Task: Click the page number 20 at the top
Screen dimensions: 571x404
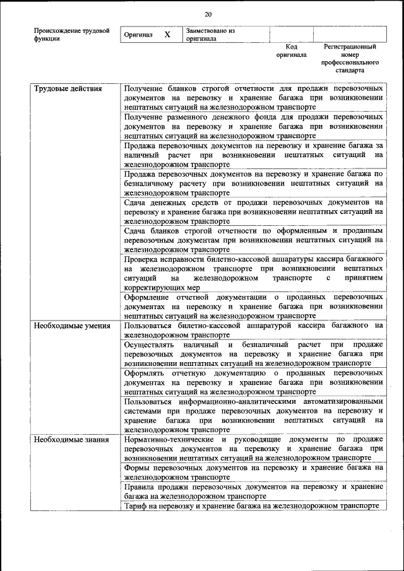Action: pyautogui.click(x=208, y=15)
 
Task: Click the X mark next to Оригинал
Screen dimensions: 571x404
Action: pyautogui.click(x=167, y=35)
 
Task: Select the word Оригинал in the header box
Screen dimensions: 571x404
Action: pyautogui.click(x=138, y=35)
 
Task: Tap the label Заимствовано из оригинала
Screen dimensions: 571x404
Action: pyautogui.click(x=210, y=34)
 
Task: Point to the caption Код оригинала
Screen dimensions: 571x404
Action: pyautogui.click(x=291, y=50)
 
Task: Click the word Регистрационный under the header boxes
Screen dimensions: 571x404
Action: pyautogui.click(x=350, y=47)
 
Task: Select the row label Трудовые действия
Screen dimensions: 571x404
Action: pyautogui.click(x=68, y=88)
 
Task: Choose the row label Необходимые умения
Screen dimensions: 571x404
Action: pyautogui.click(x=72, y=326)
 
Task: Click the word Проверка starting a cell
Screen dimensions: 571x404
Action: pyautogui.click(x=143, y=259)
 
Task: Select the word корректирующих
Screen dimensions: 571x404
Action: pyautogui.click(x=154, y=287)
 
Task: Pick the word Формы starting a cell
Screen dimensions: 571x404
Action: pyautogui.click(x=136, y=468)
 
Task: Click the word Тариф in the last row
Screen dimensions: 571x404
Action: pyautogui.click(x=135, y=505)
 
